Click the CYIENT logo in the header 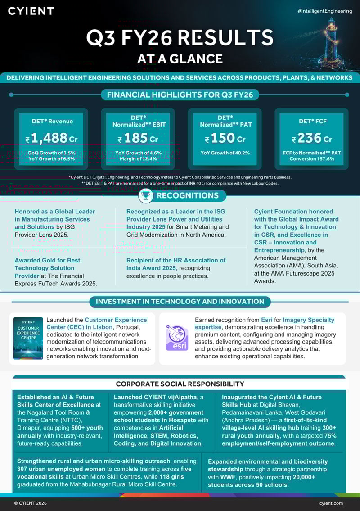pos(31,11)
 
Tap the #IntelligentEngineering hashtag pos(324,11)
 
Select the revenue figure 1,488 pos(47,138)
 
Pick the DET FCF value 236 pos(310,138)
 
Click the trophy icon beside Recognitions pos(145,195)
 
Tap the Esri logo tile pos(177,337)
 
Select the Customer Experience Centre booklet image pos(28,338)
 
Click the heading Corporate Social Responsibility pos(180,384)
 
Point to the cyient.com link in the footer pos(331,503)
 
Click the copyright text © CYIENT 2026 pos(30,503)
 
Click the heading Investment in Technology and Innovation pos(180,301)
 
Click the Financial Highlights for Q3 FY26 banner pos(180,95)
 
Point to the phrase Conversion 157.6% pos(312,159)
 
